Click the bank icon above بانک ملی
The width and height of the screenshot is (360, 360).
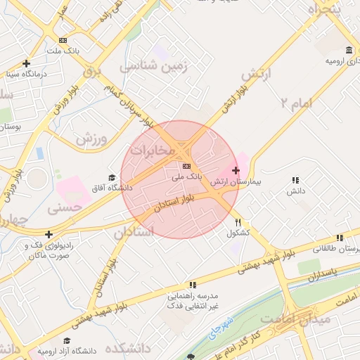[x=186, y=167]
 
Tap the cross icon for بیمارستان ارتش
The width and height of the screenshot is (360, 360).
[x=236, y=171]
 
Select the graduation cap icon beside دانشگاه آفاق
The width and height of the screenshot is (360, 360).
[x=111, y=177]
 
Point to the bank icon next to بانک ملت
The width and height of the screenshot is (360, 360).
[x=63, y=41]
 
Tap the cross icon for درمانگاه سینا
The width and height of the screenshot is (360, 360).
[x=26, y=63]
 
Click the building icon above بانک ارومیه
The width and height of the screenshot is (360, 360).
[x=349, y=50]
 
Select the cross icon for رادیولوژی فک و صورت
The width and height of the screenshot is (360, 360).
[x=49, y=234]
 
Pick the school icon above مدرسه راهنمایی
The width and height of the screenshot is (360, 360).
[x=191, y=285]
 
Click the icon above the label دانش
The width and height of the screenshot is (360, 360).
[x=295, y=180]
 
